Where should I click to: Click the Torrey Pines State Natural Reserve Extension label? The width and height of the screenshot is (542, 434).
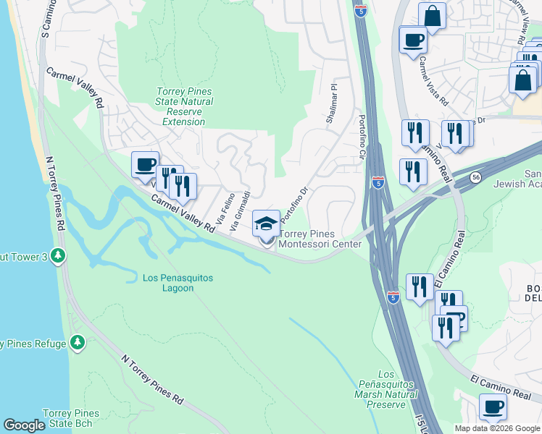[185, 106]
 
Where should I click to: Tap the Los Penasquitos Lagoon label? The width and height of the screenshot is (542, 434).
[168, 283]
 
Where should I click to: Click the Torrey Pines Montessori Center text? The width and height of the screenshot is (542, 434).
[320, 239]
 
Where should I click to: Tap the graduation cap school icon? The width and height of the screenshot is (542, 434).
[266, 224]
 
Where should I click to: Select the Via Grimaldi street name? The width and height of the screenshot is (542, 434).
[241, 210]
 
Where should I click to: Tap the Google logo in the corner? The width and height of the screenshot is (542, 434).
[24, 425]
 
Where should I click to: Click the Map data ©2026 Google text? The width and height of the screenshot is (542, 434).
[497, 428]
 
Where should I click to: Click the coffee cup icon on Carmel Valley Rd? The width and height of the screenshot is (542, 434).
[145, 164]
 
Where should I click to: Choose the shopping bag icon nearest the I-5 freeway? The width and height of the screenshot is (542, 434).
[432, 16]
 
